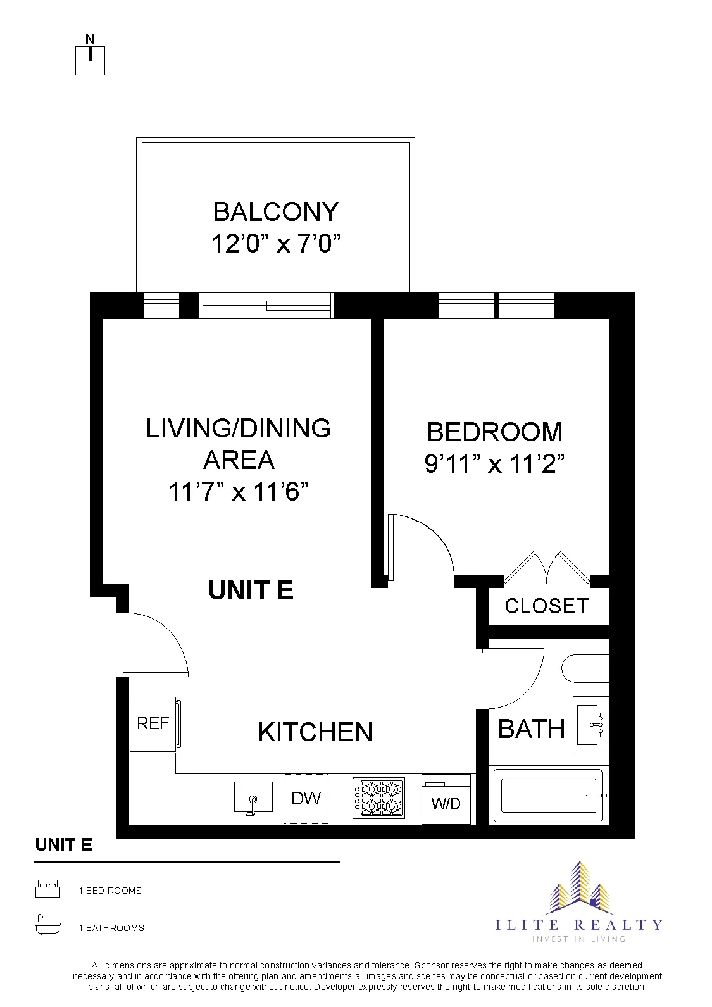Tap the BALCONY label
(x=276, y=212)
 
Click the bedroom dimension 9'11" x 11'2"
(x=494, y=465)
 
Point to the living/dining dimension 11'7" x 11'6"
(x=239, y=491)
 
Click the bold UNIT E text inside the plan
(x=251, y=591)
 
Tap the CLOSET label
(x=546, y=606)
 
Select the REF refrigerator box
(x=153, y=723)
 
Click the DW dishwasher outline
(x=306, y=799)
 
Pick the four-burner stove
(x=378, y=798)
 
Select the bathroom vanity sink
(x=591, y=724)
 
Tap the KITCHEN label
(x=315, y=732)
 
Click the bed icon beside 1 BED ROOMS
(x=47, y=889)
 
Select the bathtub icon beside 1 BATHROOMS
(x=47, y=926)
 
